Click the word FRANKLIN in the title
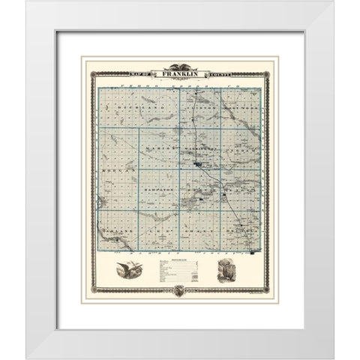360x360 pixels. click(180, 73)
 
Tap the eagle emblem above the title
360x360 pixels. click(180, 66)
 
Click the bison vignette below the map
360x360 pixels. click(227, 274)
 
